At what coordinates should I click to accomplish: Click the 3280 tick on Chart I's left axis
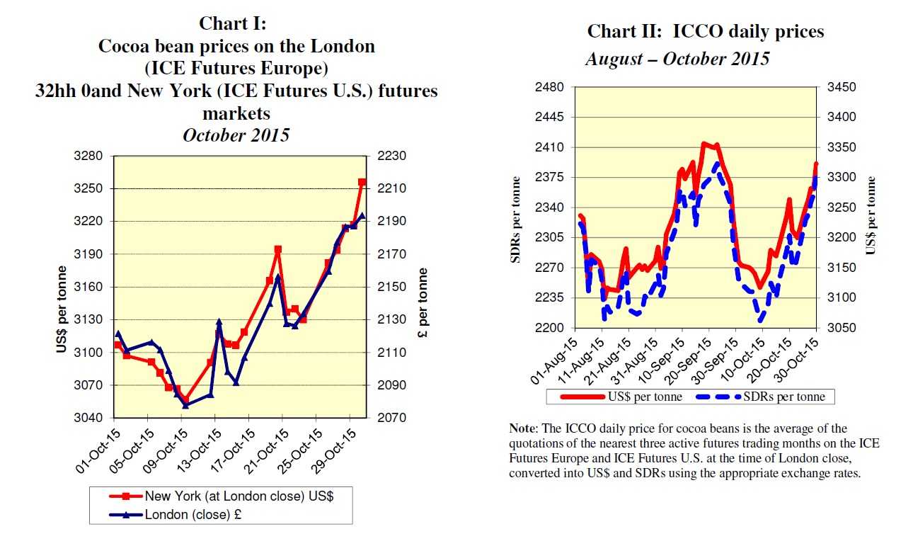91,156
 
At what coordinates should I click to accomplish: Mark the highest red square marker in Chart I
362,183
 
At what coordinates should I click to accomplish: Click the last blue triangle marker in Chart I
362,215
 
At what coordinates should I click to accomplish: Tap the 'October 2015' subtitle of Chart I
236,135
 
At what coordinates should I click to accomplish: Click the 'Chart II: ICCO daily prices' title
706,32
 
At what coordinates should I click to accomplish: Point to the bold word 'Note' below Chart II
522,429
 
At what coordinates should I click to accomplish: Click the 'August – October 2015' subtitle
677,59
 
